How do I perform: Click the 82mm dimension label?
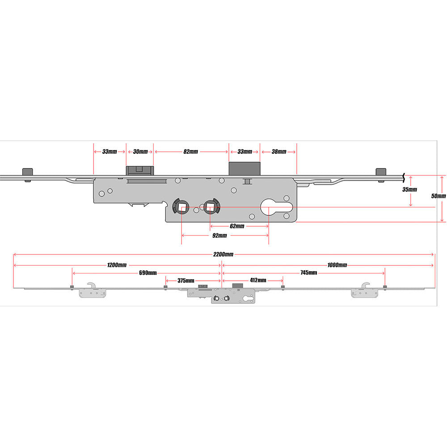191,152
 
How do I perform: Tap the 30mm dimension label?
140,152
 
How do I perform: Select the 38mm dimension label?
279,152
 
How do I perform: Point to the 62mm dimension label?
237,226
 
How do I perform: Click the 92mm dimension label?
219,236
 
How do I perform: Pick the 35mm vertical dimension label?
409,190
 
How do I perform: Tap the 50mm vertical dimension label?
439,196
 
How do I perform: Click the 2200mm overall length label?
223,254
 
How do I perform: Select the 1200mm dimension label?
117,265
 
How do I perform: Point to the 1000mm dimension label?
337,265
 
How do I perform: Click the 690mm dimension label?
148,273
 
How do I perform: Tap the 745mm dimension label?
309,273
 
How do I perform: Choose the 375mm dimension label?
186,281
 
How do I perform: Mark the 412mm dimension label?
258,280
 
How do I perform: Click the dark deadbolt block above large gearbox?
245,169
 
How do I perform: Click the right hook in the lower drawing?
366,286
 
